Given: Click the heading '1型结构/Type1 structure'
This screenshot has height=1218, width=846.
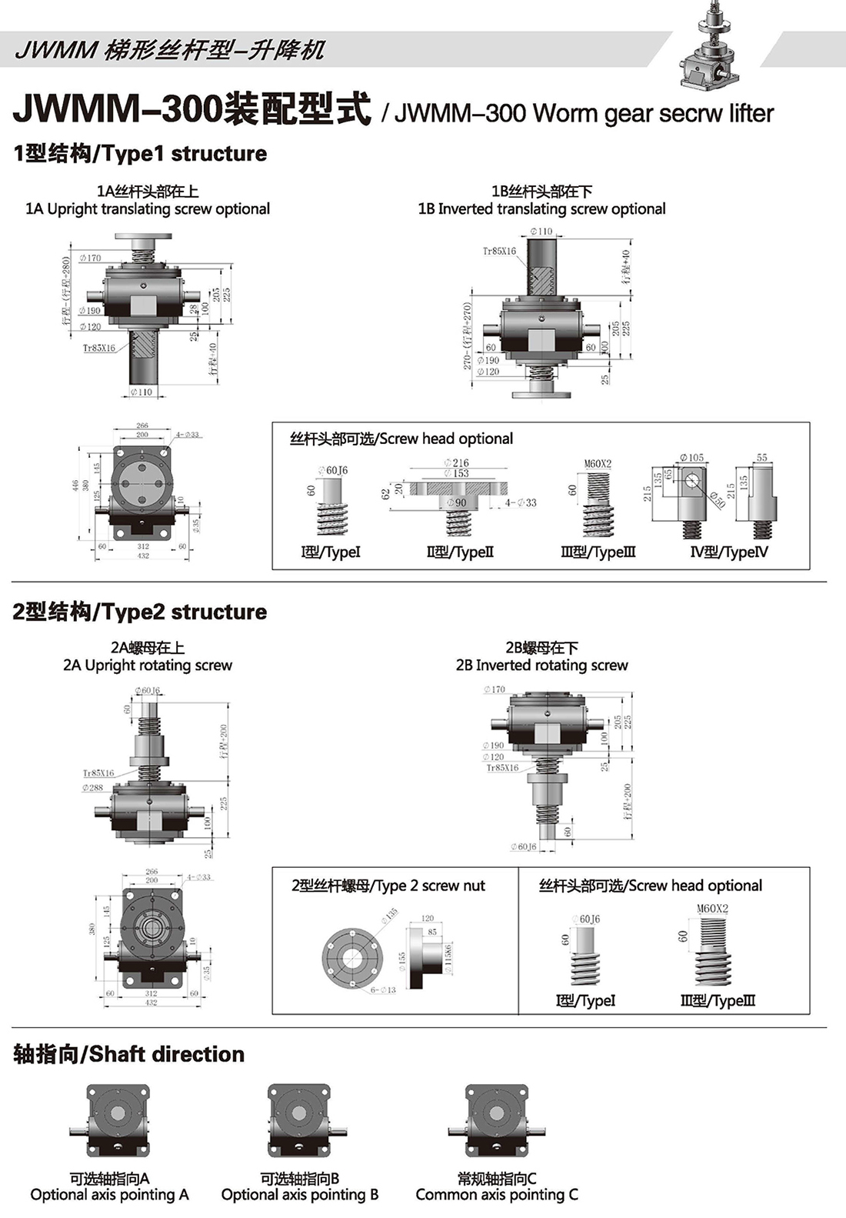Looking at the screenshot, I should click(x=140, y=154).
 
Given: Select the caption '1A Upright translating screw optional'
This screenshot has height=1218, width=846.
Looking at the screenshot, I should click(x=148, y=209).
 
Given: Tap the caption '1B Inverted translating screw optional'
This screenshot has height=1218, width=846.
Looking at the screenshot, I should click(x=541, y=209).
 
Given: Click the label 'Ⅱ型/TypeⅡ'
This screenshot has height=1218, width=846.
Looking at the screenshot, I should click(x=460, y=552).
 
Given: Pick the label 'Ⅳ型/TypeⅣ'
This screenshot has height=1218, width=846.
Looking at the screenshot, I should click(x=728, y=552).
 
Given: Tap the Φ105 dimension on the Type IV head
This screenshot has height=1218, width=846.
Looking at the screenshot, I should click(x=691, y=458).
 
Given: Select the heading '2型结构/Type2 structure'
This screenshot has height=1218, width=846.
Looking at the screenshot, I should click(x=140, y=612).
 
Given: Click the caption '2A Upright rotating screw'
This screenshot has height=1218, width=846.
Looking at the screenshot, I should click(x=148, y=666).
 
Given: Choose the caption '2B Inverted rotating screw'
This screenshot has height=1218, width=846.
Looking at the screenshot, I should click(x=541, y=666).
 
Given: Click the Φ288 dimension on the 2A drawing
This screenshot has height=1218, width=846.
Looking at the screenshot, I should click(x=93, y=788).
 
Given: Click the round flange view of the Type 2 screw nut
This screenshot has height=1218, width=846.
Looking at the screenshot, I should click(x=351, y=957).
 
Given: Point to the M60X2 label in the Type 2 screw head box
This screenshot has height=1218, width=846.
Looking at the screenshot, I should click(x=712, y=909).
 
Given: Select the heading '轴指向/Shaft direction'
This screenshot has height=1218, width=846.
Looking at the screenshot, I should click(x=129, y=1055).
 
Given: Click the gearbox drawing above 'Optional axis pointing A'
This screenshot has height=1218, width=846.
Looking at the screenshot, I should click(x=118, y=1120).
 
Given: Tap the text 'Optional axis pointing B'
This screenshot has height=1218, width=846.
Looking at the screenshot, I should click(x=300, y=1195).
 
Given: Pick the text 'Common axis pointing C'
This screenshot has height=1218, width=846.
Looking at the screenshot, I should click(x=497, y=1195).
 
